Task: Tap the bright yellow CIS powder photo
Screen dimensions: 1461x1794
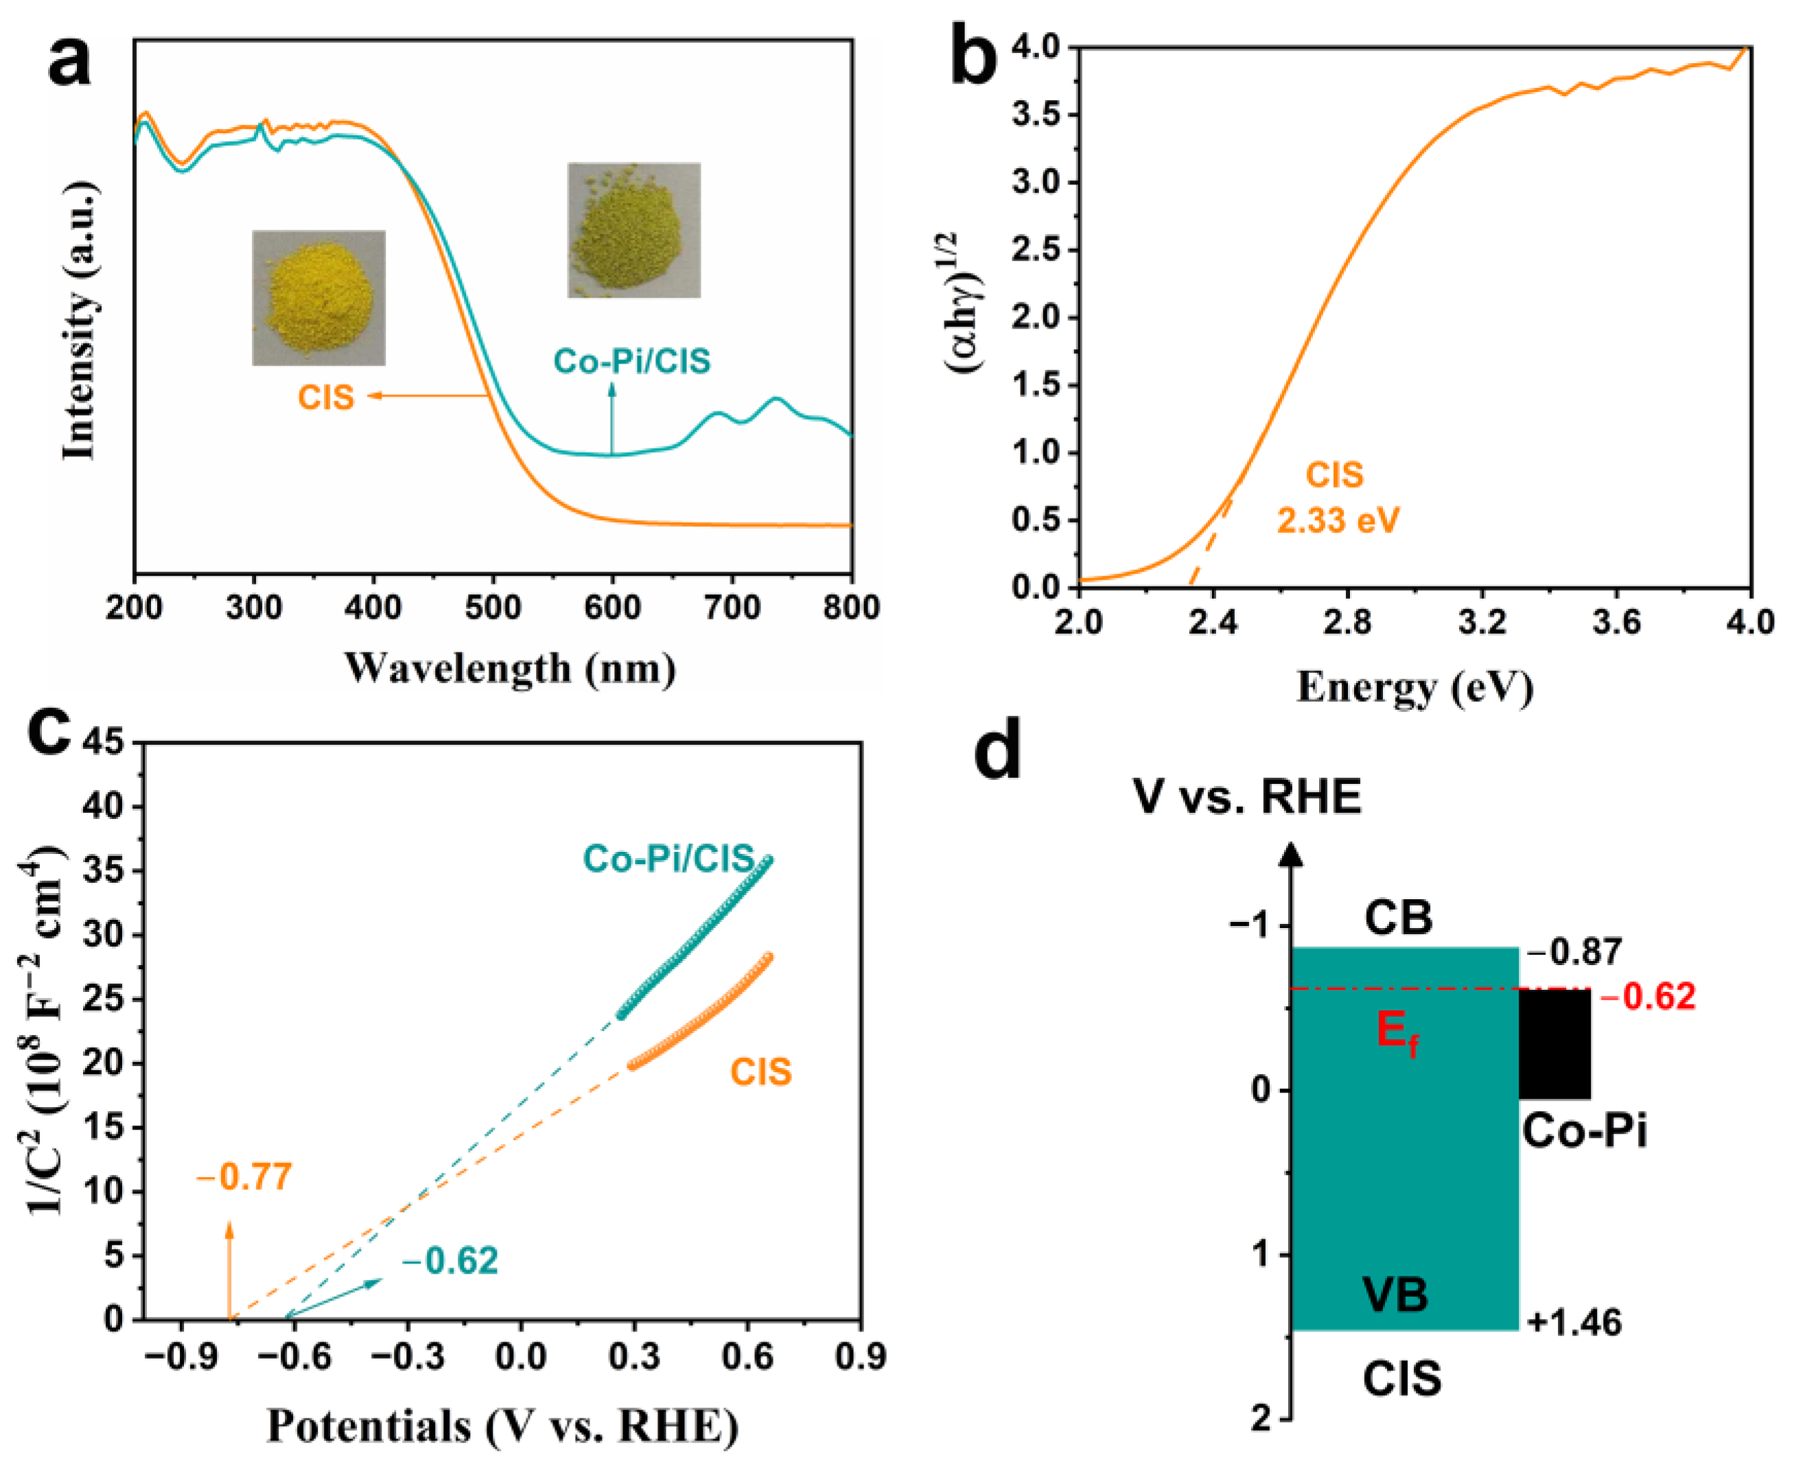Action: (318, 297)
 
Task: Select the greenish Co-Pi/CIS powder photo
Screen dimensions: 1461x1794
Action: (633, 230)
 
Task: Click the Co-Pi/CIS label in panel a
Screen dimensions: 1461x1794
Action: (631, 361)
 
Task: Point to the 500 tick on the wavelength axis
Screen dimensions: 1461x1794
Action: (493, 607)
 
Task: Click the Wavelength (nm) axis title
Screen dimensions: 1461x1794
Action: (509, 668)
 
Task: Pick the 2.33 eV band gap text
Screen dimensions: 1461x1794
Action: (1337, 520)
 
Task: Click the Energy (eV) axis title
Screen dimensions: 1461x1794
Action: (1414, 687)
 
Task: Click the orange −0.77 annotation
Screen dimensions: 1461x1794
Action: (244, 1176)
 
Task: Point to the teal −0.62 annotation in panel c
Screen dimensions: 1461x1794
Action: (450, 1260)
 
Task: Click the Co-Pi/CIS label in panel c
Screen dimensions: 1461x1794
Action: (668, 858)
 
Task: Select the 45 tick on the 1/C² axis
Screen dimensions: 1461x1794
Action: (103, 742)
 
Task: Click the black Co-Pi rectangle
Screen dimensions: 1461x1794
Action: (1554, 1043)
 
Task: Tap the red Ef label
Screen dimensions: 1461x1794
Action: (1397, 1034)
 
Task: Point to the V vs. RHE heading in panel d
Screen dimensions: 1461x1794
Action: (1247, 796)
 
